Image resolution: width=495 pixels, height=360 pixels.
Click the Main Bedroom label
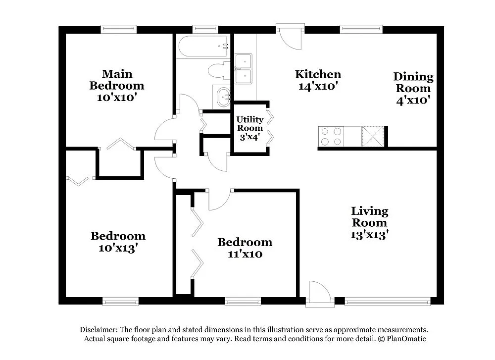pos(117,86)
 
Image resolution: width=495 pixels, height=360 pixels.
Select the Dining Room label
pos(413,88)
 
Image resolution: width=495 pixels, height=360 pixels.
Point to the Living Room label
pos(369,223)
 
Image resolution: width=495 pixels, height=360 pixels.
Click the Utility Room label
pos(249,128)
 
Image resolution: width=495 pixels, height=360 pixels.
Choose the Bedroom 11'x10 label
pos(245,248)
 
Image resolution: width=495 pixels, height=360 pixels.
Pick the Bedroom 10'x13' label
pos(118,242)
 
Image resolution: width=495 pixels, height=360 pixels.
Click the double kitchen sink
pos(244,68)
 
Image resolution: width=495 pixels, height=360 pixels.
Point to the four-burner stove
pos(331,137)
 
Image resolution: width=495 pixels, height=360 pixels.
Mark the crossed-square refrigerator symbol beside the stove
pos(373,136)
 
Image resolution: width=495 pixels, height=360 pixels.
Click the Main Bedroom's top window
pos(119,30)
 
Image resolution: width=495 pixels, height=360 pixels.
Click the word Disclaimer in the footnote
pos(97,330)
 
